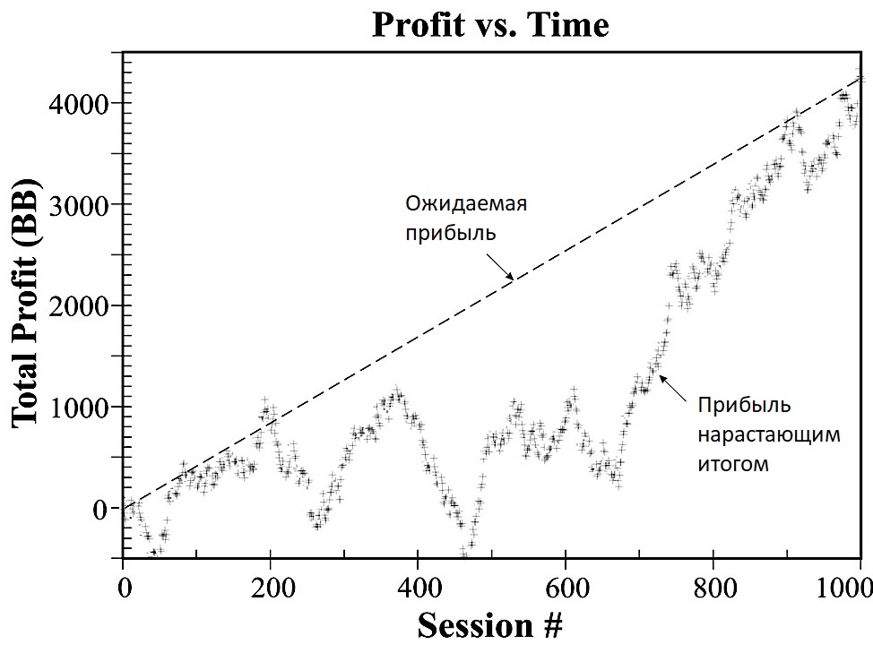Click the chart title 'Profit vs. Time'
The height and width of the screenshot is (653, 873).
click(x=489, y=24)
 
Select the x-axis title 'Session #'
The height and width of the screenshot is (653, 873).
click(x=489, y=625)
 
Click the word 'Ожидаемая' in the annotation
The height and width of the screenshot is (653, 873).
click(x=465, y=202)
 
